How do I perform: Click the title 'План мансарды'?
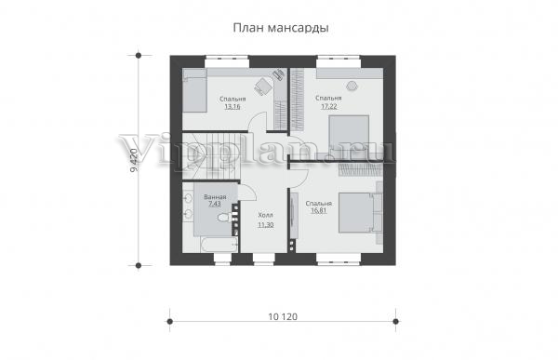(281, 28)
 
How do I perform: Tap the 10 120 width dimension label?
(283, 316)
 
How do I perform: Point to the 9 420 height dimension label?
(133, 160)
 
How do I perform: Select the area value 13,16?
(232, 106)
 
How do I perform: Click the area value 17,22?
(329, 106)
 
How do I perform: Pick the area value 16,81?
(319, 211)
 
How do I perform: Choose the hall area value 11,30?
(265, 225)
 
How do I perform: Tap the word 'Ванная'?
(215, 197)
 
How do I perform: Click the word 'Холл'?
(265, 216)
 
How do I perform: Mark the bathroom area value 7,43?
(215, 204)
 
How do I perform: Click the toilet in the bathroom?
(224, 218)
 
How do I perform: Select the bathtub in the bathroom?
(219, 245)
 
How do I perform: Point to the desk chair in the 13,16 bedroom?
(263, 87)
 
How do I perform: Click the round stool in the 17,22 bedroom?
(352, 86)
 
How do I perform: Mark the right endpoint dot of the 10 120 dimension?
(396, 322)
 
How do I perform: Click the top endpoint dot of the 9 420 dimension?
(139, 56)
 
